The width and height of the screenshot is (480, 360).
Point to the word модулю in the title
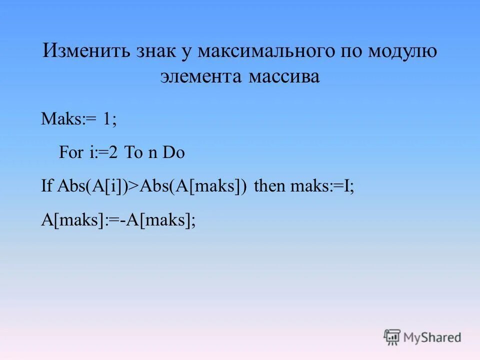(x=403, y=51)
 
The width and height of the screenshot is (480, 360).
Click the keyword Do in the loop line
(x=174, y=153)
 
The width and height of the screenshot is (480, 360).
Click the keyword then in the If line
(x=270, y=187)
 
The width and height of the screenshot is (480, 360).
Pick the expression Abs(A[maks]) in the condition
(x=193, y=187)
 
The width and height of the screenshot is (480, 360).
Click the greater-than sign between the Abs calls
(x=134, y=187)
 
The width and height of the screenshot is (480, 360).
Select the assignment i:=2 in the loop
(x=103, y=153)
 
